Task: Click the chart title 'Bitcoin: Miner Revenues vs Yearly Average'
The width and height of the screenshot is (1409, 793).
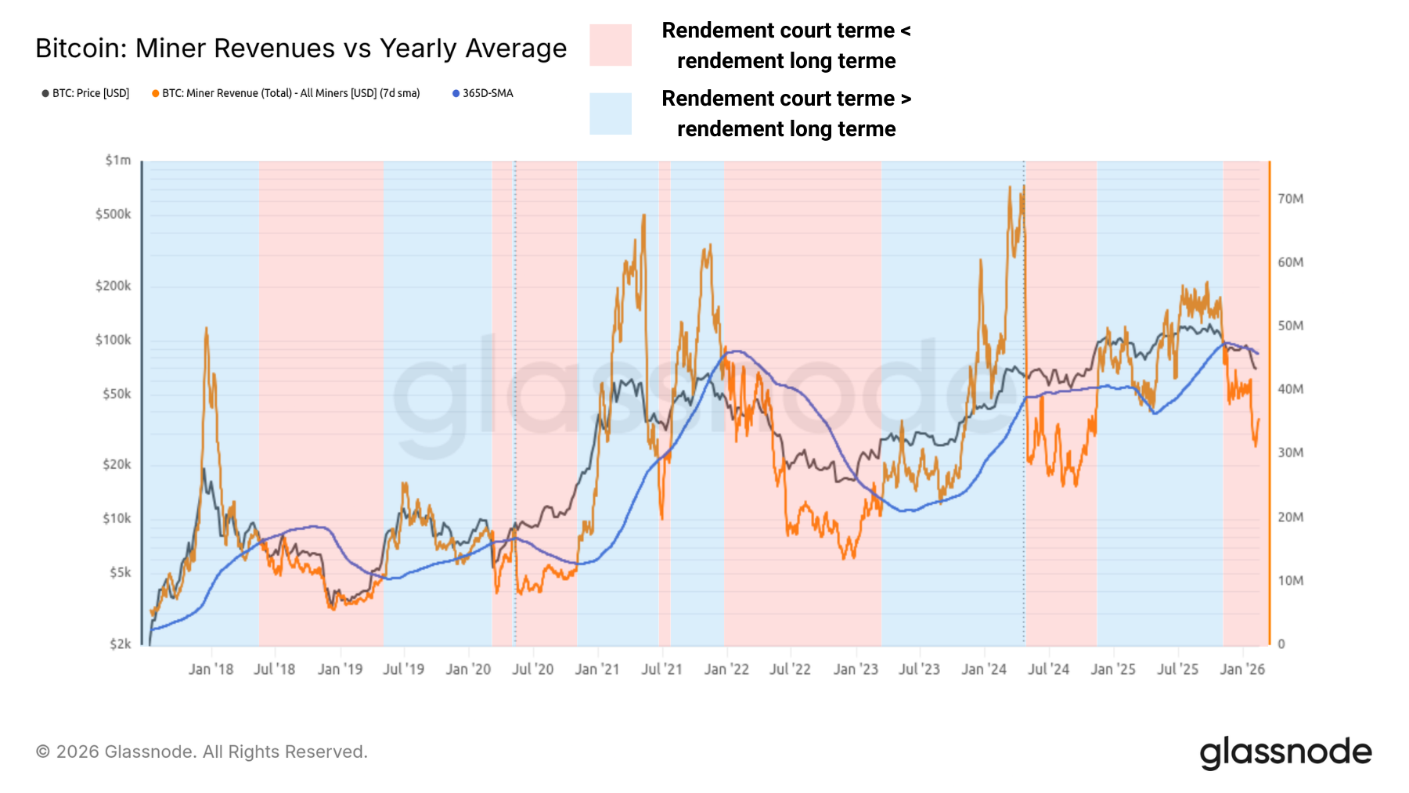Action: pyautogui.click(x=301, y=49)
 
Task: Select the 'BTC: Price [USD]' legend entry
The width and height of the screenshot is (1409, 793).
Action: pyautogui.click(x=85, y=93)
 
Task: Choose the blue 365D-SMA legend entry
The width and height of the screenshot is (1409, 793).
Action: pyautogui.click(x=483, y=93)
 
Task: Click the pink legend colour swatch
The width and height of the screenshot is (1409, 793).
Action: pyautogui.click(x=611, y=45)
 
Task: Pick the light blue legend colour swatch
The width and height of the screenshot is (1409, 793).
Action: pyautogui.click(x=611, y=114)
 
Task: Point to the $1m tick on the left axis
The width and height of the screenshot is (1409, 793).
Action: pyautogui.click(x=118, y=160)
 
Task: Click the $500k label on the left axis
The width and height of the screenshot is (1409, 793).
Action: pyautogui.click(x=114, y=214)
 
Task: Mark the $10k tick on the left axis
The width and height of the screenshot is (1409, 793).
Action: pyautogui.click(x=117, y=518)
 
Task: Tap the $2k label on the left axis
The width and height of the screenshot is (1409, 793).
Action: pyautogui.click(x=120, y=644)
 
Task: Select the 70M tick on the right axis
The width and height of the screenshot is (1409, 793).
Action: pyautogui.click(x=1291, y=199)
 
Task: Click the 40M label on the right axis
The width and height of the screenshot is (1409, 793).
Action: pyautogui.click(x=1291, y=389)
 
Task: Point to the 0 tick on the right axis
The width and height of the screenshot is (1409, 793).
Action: pyautogui.click(x=1281, y=644)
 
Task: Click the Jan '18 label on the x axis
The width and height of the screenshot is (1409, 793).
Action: pyautogui.click(x=211, y=669)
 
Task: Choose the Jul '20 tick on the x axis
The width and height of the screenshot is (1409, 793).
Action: pyautogui.click(x=533, y=669)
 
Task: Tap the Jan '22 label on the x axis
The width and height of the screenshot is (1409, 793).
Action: pyautogui.click(x=726, y=669)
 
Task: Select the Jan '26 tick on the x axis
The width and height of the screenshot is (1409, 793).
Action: pyautogui.click(x=1242, y=669)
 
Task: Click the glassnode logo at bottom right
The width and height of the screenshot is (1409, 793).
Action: pyautogui.click(x=1285, y=752)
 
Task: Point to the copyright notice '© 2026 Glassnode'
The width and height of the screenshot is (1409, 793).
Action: pyautogui.click(x=201, y=752)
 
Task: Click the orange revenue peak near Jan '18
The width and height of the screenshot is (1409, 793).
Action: pyautogui.click(x=206, y=329)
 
